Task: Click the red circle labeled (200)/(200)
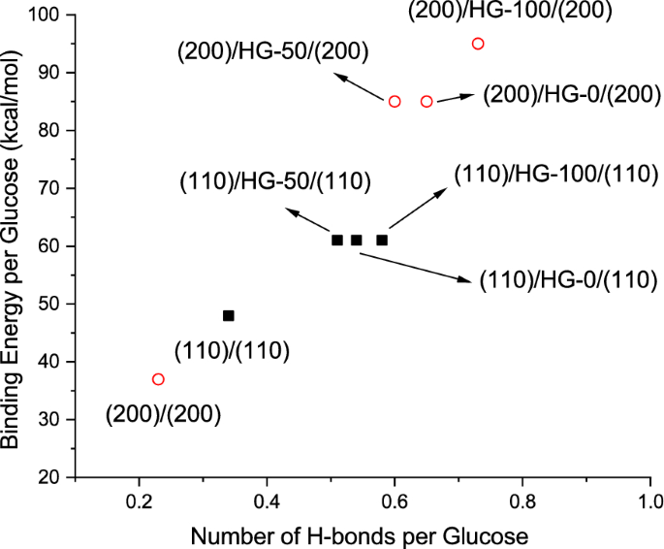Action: point(158,379)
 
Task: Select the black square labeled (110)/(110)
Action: point(229,315)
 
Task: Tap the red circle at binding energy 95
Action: point(478,44)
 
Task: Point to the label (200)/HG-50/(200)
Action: point(267,50)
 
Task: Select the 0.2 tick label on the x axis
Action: point(140,504)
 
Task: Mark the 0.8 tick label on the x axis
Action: point(522,504)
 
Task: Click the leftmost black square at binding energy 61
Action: point(337,240)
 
